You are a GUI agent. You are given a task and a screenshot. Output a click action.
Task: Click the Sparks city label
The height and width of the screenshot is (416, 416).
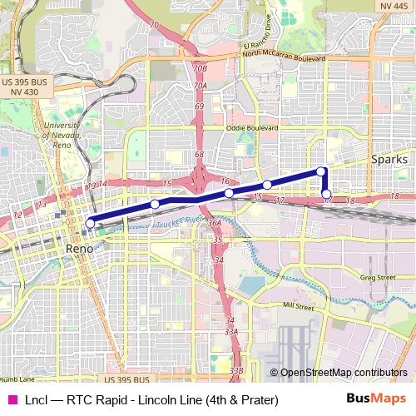click(x=389, y=159)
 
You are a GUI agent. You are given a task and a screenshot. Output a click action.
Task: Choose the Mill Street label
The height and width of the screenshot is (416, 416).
click(x=300, y=307)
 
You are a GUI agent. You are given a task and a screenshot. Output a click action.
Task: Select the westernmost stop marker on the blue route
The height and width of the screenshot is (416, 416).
click(x=90, y=223)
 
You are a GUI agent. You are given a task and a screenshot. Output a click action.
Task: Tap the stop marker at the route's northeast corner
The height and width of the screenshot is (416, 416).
click(x=322, y=171)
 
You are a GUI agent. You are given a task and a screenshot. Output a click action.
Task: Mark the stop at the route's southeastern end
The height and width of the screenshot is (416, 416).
click(x=327, y=195)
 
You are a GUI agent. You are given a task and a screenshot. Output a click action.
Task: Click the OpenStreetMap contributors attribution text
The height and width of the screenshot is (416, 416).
click(x=344, y=373)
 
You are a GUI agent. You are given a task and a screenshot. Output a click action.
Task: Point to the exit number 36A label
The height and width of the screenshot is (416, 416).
click(x=214, y=223)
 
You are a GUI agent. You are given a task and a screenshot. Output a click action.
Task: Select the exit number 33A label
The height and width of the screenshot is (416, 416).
click(x=232, y=331)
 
